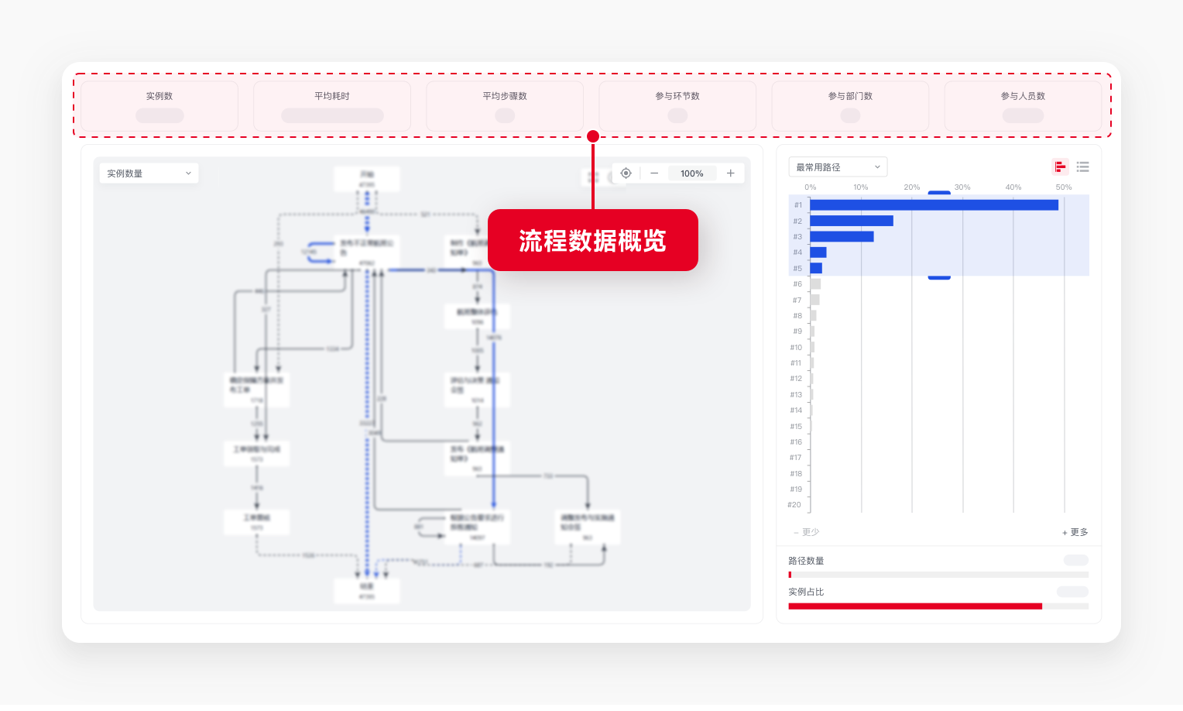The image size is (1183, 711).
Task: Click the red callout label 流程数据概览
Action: point(592,241)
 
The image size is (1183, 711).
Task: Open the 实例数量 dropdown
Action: point(149,173)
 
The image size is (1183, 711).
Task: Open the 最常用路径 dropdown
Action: point(837,167)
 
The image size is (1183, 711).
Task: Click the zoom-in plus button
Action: point(730,173)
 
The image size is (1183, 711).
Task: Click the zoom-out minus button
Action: point(654,173)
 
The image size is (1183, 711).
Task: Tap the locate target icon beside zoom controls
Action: point(626,173)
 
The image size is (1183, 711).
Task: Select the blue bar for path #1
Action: point(933,205)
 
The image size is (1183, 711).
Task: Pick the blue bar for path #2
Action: point(851,222)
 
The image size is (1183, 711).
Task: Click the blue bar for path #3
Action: point(842,237)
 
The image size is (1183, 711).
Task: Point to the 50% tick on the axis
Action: point(1064,187)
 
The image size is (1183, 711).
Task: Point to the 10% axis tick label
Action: point(861,187)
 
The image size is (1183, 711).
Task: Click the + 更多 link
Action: point(1075,532)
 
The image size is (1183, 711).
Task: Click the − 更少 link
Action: point(806,532)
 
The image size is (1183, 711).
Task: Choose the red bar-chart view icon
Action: point(1060,167)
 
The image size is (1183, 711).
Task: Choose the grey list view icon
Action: point(1082,167)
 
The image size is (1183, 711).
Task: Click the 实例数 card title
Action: point(159,96)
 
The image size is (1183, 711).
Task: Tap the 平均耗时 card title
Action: point(332,96)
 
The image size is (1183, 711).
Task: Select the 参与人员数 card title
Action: point(1023,96)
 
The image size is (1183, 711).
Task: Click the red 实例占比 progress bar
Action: point(914,606)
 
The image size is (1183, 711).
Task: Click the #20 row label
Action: point(794,505)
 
